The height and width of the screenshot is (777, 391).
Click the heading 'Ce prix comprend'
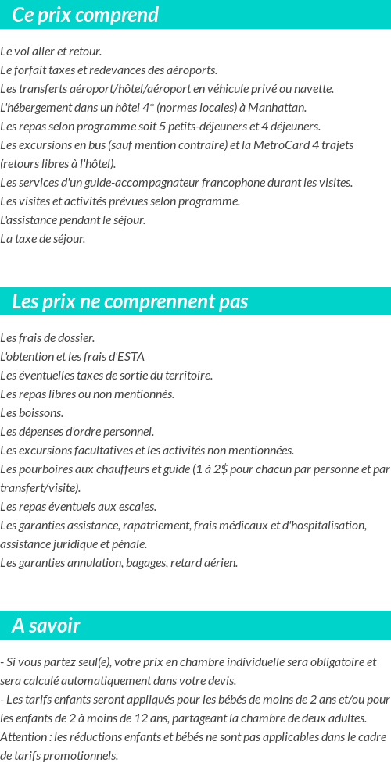click(x=85, y=15)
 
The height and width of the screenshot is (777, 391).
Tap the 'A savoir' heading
click(x=46, y=626)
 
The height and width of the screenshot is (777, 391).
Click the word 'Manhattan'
click(x=280, y=108)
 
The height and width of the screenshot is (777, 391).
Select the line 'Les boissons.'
click(x=32, y=413)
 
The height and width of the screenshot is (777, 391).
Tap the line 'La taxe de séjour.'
click(x=43, y=239)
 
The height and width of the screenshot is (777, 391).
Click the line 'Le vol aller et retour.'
click(x=51, y=52)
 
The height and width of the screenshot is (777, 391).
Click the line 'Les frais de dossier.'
click(x=48, y=338)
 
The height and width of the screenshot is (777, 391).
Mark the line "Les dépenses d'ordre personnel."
click(x=77, y=432)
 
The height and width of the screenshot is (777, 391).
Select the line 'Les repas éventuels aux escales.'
click(x=78, y=507)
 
